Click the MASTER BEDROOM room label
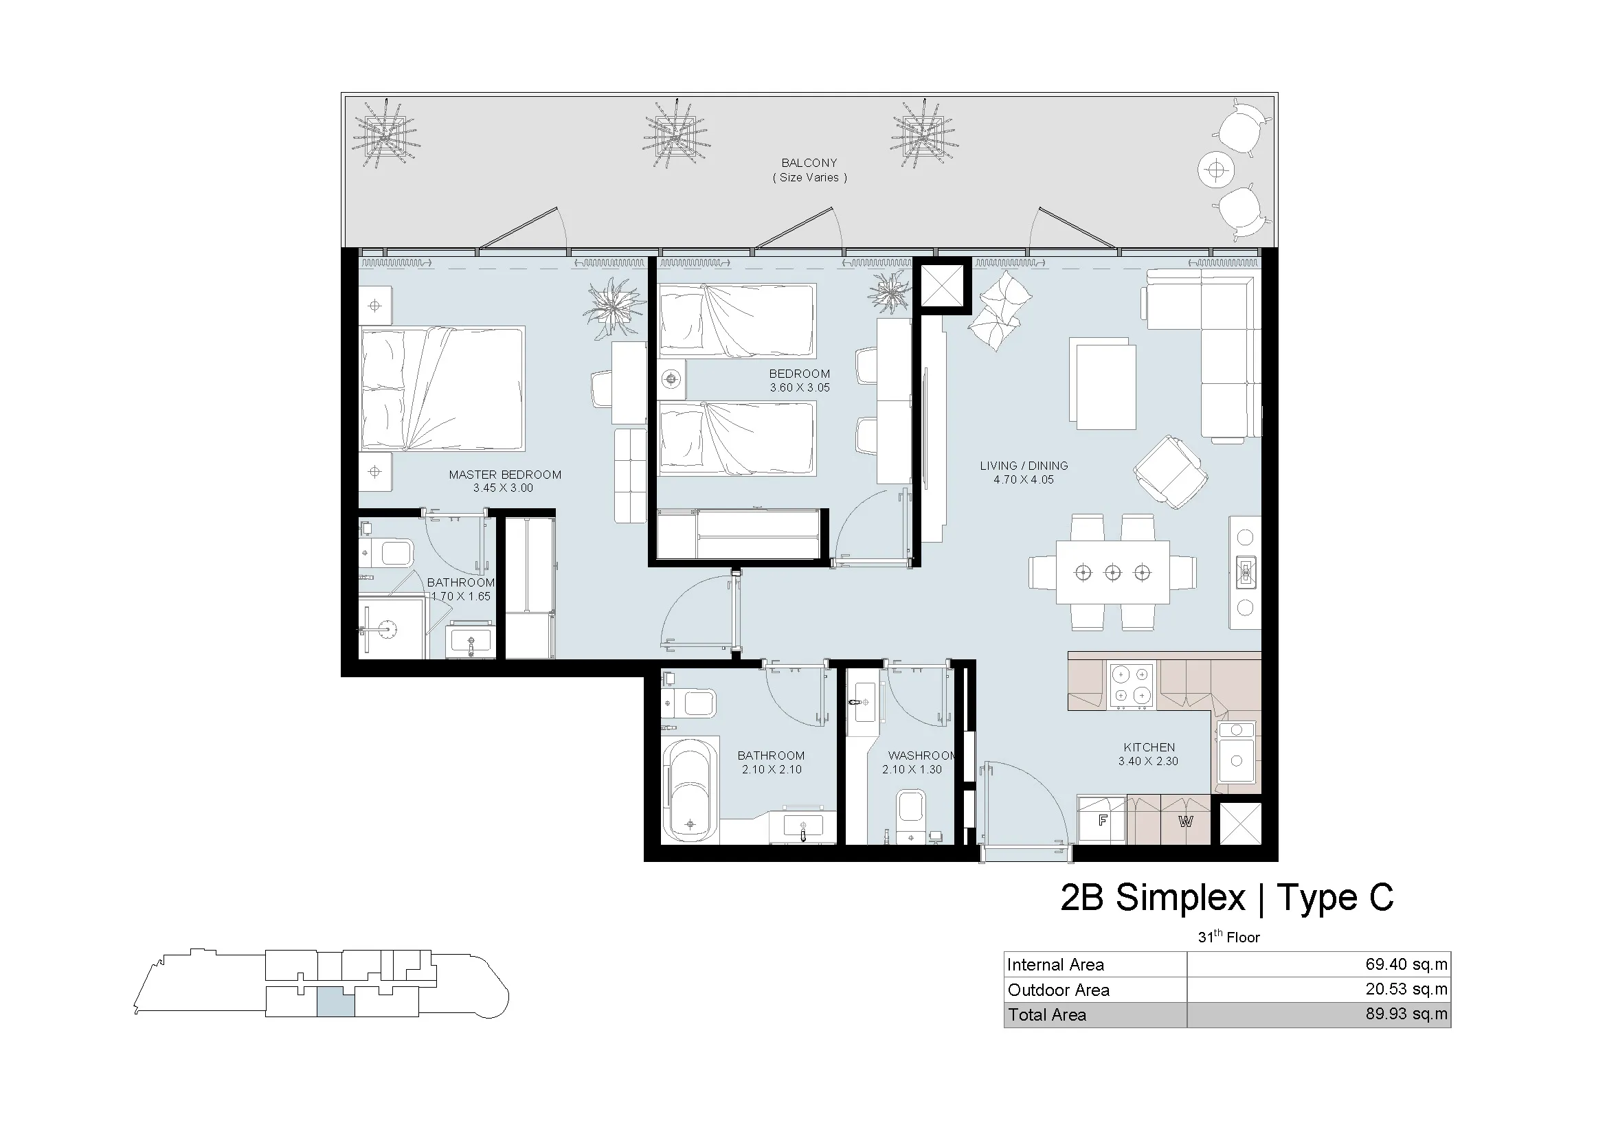pyautogui.click(x=505, y=475)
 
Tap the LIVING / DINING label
pyautogui.click(x=1023, y=465)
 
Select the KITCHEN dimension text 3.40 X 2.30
pyautogui.click(x=1148, y=761)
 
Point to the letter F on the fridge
pyautogui.click(x=1102, y=821)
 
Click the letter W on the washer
pyautogui.click(x=1185, y=821)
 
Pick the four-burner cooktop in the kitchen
pyautogui.click(x=1132, y=685)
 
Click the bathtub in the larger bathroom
pyautogui.click(x=690, y=793)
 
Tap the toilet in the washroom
pyautogui.click(x=911, y=816)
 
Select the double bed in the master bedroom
pyautogui.click(x=442, y=388)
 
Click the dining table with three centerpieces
pyautogui.click(x=1113, y=572)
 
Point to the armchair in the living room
pyautogui.click(x=1171, y=472)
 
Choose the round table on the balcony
pyautogui.click(x=1217, y=170)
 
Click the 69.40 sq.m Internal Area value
pyautogui.click(x=1406, y=964)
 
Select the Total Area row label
pyautogui.click(x=1047, y=1014)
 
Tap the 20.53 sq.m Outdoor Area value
pyautogui.click(x=1406, y=989)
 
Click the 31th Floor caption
pyautogui.click(x=1228, y=937)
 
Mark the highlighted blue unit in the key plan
pyautogui.click(x=336, y=1002)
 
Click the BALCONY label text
pyautogui.click(x=809, y=162)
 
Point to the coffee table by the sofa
pyautogui.click(x=1102, y=384)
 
